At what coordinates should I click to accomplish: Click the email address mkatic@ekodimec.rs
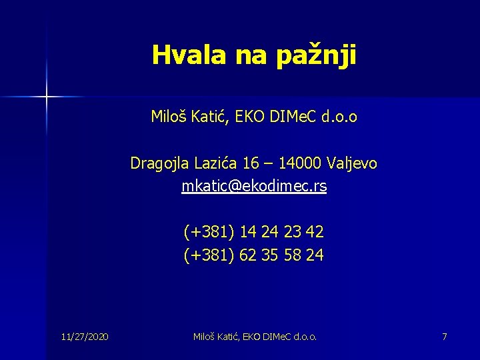point(254,187)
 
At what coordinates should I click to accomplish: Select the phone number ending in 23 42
point(254,232)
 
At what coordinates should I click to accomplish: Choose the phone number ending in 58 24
point(254,255)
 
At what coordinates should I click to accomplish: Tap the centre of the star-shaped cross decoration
point(47,97)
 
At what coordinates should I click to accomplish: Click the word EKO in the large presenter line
point(252,117)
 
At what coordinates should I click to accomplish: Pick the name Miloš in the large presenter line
point(168,117)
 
